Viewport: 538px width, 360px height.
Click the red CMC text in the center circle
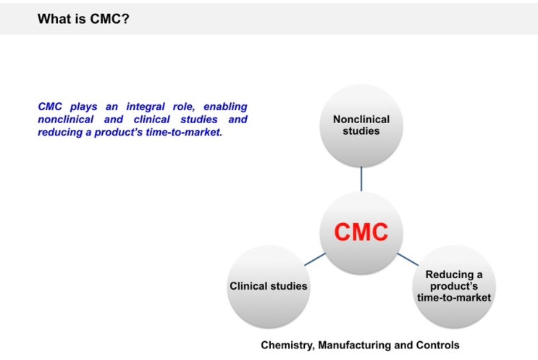(361, 232)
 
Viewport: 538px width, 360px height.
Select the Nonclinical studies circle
(361, 125)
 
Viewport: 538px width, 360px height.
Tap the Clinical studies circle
(268, 285)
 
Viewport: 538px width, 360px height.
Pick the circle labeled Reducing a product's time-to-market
(454, 286)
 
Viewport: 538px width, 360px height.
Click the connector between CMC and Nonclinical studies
(361, 178)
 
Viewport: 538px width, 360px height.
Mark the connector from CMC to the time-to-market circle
(407, 259)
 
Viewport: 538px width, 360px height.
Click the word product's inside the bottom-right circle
(454, 286)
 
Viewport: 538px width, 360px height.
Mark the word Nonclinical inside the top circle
(361, 120)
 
